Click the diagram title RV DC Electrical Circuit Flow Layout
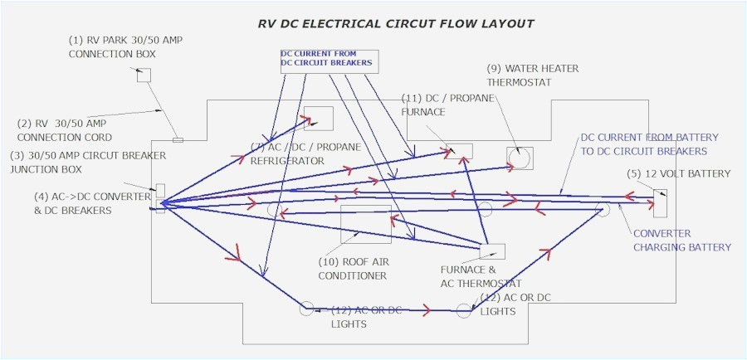click(396, 23)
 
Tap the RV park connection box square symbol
click(144, 75)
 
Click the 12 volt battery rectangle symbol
click(660, 202)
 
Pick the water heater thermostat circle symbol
click(520, 158)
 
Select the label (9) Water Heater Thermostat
click(532, 75)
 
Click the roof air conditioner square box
click(366, 224)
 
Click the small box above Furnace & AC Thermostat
click(492, 251)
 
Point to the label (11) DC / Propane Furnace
click(447, 105)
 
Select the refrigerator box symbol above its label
click(319, 119)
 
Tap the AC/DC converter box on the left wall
click(160, 198)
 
